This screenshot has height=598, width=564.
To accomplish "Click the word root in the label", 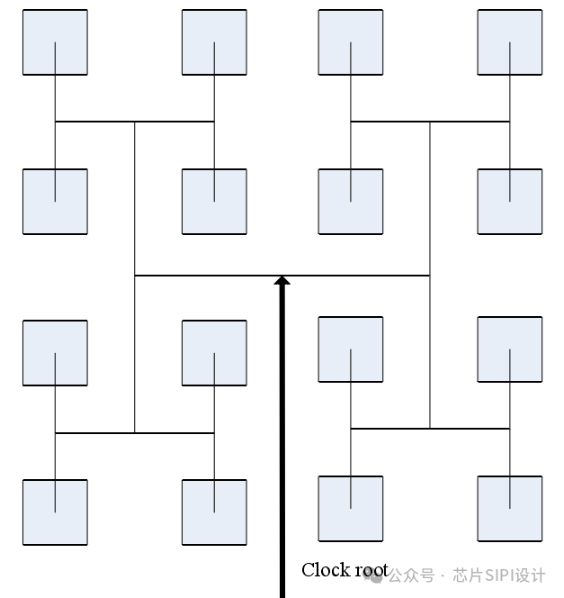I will click(372, 570).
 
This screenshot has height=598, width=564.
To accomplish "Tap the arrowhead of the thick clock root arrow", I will click(282, 281).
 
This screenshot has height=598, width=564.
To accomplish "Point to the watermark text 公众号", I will click(416, 575).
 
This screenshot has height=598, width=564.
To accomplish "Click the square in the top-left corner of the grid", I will click(55, 42).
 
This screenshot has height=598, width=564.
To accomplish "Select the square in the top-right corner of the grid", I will click(510, 42).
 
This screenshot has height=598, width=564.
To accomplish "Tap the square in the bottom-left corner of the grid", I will click(55, 512).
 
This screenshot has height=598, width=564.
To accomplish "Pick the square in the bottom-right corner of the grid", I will click(510, 509).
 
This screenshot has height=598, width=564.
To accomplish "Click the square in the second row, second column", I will click(214, 201).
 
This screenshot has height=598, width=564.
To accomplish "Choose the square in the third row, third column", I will click(351, 349).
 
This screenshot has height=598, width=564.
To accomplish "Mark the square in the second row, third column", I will click(351, 201).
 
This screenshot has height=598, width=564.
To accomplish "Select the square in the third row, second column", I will click(214, 353).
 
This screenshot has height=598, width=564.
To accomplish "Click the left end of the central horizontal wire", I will click(136, 275).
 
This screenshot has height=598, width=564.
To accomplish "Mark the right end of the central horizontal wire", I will click(428, 275).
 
